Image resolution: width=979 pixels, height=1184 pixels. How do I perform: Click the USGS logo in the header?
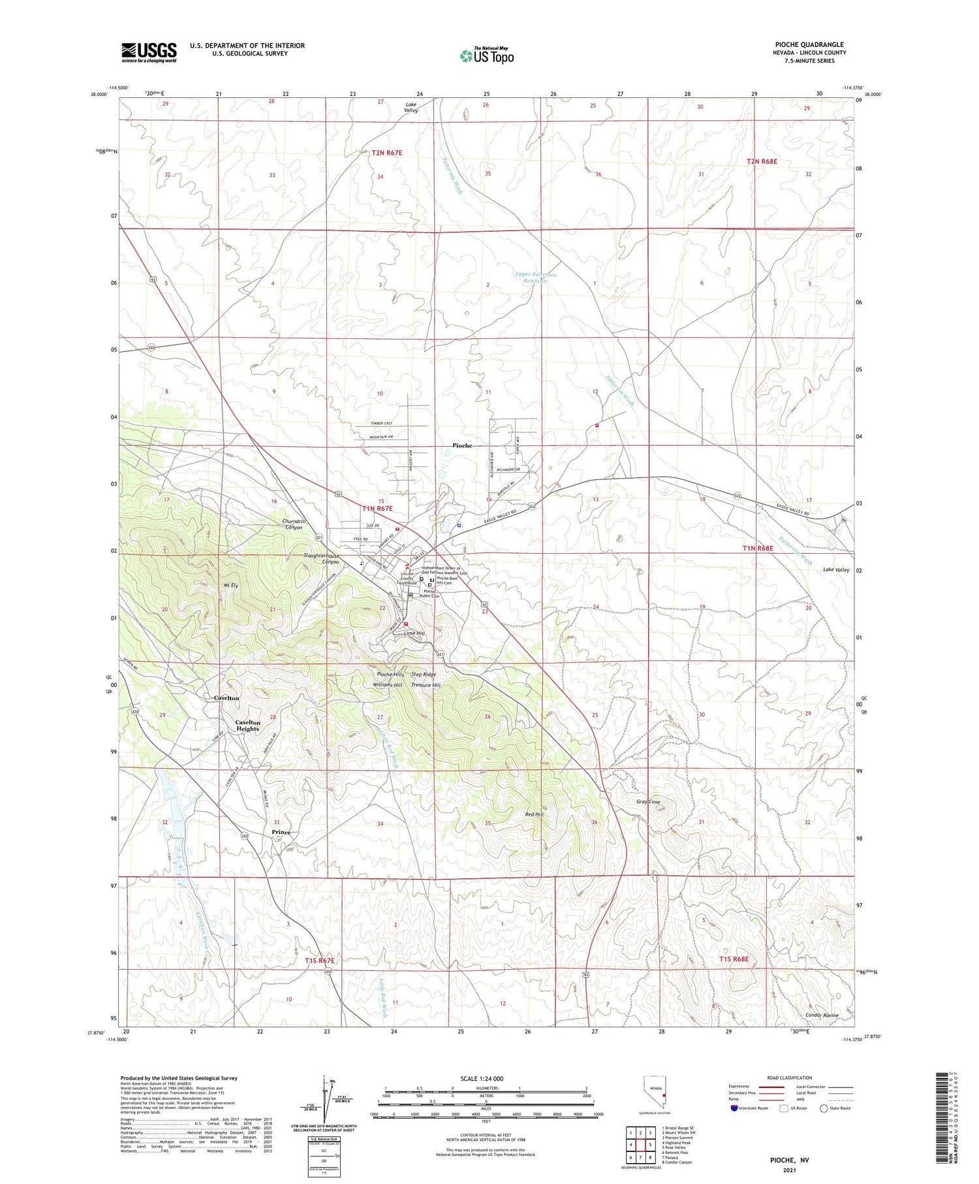click(x=149, y=52)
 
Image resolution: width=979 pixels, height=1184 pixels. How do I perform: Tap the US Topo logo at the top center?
click(x=487, y=56)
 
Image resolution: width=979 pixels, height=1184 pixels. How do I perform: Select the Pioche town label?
click(x=462, y=445)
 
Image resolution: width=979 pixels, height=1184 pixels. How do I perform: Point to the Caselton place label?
click(x=226, y=698)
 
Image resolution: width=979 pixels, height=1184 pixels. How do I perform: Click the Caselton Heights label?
click(x=247, y=726)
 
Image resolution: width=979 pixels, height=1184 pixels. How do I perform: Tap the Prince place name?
click(x=281, y=832)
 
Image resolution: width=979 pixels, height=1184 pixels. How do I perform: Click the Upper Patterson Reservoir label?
click(x=535, y=278)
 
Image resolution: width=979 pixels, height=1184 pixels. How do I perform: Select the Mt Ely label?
click(x=230, y=586)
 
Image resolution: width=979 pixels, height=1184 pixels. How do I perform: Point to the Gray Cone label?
click(x=648, y=802)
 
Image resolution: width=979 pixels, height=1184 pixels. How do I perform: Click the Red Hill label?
click(x=534, y=814)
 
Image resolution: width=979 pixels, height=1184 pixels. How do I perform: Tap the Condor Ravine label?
click(x=822, y=1016)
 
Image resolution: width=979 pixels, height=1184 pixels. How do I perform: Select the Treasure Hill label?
click(x=426, y=685)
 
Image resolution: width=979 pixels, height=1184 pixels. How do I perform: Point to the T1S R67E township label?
click(x=320, y=961)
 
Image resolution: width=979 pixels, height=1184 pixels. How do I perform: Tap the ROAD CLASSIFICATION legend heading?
click(x=790, y=1078)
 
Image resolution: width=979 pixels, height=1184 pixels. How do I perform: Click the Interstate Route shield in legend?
click(x=735, y=1108)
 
